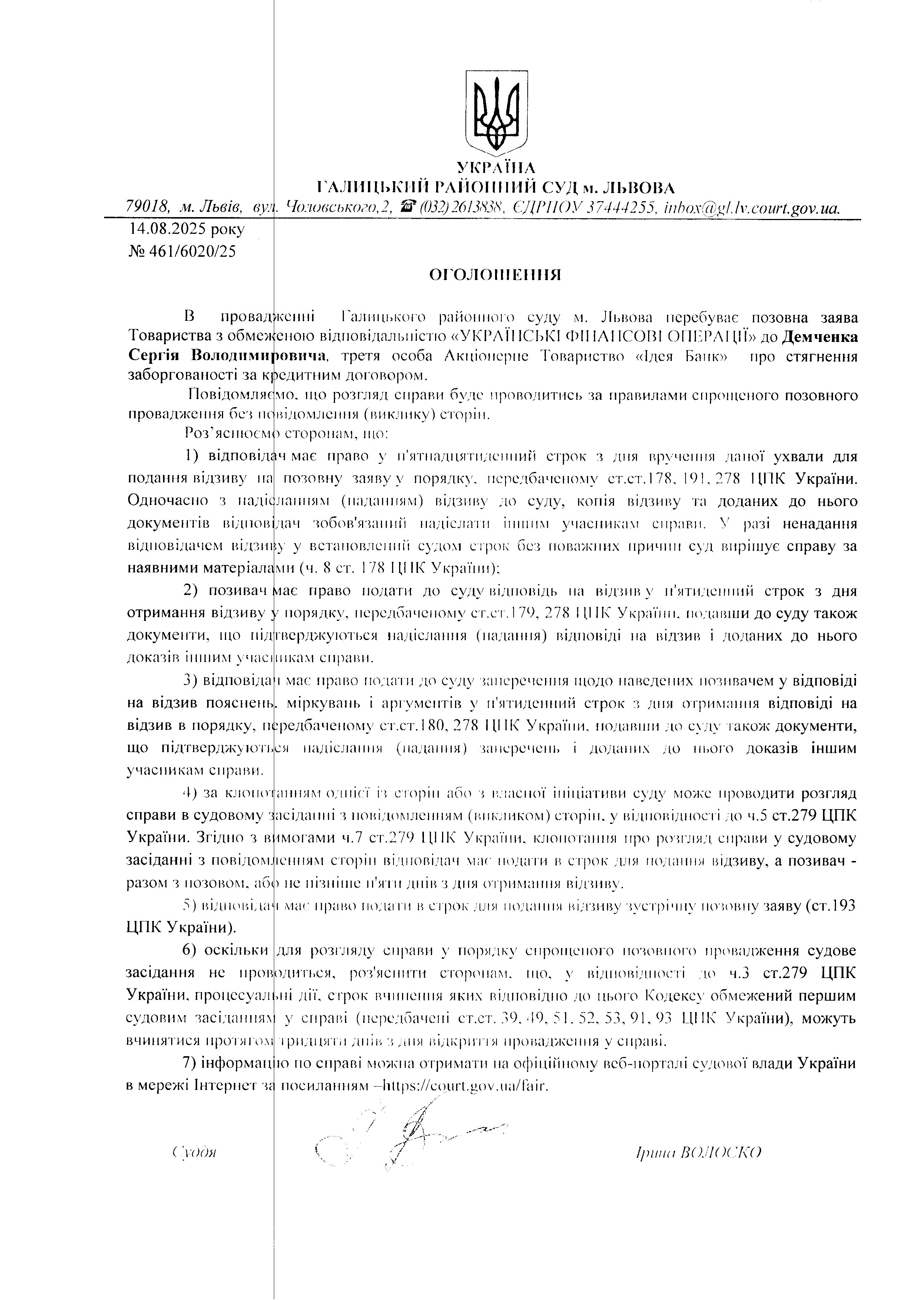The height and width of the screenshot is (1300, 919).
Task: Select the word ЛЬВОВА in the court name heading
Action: pos(637,187)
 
